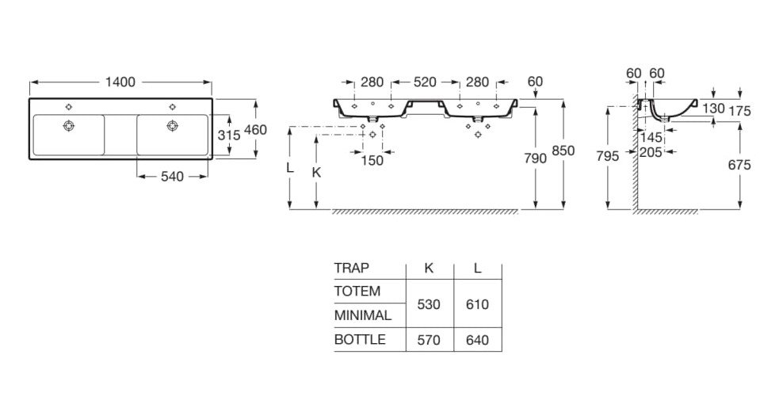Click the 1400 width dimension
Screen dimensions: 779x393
tap(120, 82)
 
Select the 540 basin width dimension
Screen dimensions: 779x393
tap(172, 177)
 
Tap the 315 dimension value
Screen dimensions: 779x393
tap(229, 135)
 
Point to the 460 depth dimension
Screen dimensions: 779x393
tap(255, 130)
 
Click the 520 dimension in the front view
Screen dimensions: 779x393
tap(424, 82)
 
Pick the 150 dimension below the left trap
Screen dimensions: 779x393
tap(372, 161)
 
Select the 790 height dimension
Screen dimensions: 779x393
tap(535, 158)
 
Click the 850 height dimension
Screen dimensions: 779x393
tap(563, 151)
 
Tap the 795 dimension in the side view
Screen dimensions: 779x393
tap(608, 157)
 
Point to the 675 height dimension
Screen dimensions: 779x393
tap(739, 165)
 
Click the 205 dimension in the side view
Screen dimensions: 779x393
tap(651, 152)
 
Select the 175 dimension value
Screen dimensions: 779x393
tap(739, 111)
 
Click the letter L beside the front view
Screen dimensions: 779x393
tap(290, 168)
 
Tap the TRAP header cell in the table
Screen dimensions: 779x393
tap(352, 269)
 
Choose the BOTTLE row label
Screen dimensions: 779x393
tap(360, 340)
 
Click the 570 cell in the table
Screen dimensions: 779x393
tap(429, 341)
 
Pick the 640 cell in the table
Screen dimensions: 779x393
tap(477, 341)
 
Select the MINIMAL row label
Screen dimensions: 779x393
tap(363, 315)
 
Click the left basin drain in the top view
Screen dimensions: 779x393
tap(69, 125)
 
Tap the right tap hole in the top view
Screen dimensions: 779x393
tap(173, 107)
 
